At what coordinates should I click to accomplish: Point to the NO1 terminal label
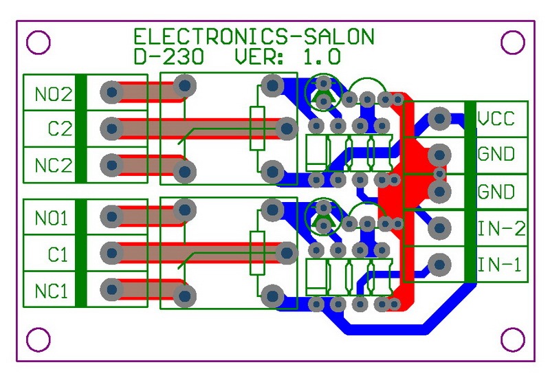[x=52, y=219]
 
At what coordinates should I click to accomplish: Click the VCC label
[x=496, y=118]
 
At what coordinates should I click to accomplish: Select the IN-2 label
[x=501, y=228]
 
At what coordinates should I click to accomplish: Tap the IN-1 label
[x=501, y=265]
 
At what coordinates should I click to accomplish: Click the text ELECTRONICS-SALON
[x=254, y=37]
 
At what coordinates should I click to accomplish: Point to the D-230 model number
[x=168, y=56]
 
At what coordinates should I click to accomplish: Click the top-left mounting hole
[x=38, y=43]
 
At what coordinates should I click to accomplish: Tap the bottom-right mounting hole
[x=512, y=338]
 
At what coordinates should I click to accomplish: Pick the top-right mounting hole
[x=512, y=43]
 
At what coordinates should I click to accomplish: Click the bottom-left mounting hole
[x=38, y=338]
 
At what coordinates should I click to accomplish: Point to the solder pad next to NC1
[x=110, y=290]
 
